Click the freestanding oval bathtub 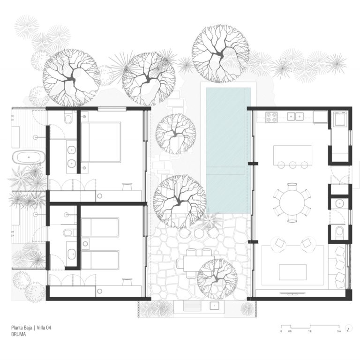[x=29, y=157]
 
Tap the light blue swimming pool [x=228, y=150]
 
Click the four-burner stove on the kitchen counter [x=271, y=117]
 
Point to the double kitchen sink [x=295, y=117]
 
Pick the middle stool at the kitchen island [x=292, y=165]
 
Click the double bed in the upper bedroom [x=101, y=142]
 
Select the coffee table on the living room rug [x=292, y=272]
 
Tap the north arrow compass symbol [x=349, y=328]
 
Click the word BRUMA [x=18, y=334]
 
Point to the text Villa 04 [x=44, y=328]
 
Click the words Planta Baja [x=22, y=328]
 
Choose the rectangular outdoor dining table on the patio [x=199, y=263]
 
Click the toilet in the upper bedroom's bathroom [x=68, y=119]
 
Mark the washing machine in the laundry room [x=340, y=118]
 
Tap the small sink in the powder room [x=339, y=203]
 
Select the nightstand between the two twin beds [x=85, y=244]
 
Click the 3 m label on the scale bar [x=339, y=331]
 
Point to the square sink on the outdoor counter [x=214, y=306]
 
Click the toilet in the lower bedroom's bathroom [x=68, y=232]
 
